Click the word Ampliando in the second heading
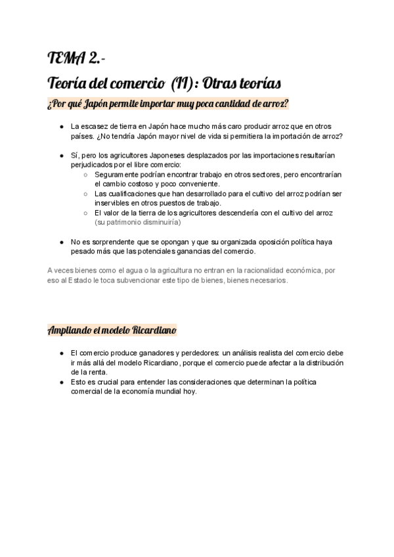click(72, 329)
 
